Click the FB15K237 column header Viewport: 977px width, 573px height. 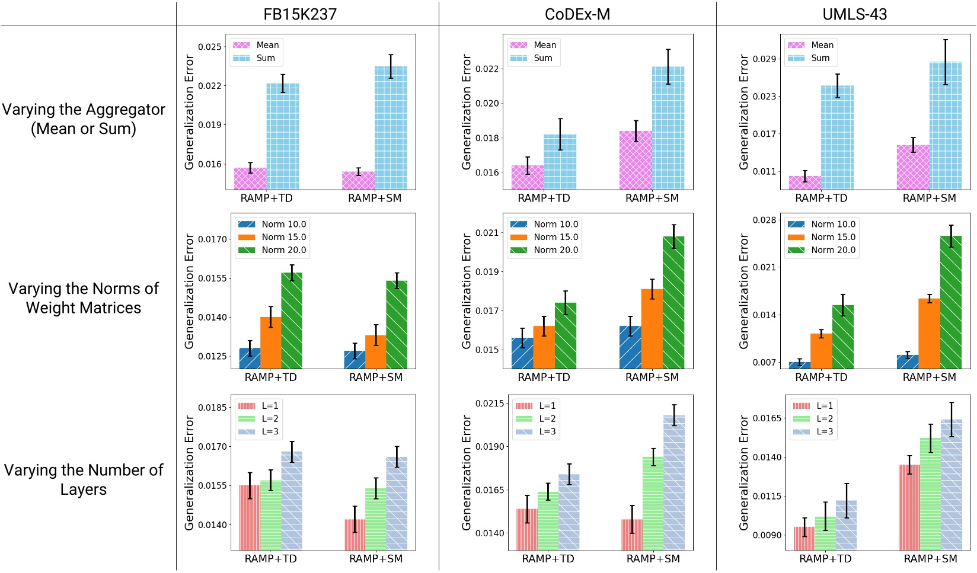pos(300,14)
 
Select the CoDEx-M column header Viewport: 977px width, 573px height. pos(577,14)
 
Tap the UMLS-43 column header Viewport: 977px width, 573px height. pos(854,14)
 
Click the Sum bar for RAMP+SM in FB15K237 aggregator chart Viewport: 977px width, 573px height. pos(391,128)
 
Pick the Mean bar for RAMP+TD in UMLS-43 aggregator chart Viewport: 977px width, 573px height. pos(804,183)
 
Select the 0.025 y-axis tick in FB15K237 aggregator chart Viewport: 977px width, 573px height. pos(210,47)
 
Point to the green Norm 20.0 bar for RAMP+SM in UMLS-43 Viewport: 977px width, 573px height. pos(951,302)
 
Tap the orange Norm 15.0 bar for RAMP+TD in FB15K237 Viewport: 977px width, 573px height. pos(271,342)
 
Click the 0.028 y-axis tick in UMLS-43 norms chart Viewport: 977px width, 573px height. pos(764,220)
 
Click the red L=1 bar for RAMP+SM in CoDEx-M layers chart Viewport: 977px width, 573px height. pos(632,534)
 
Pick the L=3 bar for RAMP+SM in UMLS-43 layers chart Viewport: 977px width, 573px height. pos(951,485)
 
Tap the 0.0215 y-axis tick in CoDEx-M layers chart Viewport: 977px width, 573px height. pos(490,404)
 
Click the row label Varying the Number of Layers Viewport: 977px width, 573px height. pos(84,479)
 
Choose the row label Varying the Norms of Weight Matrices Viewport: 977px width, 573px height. pos(84,298)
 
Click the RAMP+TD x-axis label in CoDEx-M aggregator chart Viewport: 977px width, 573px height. pos(544,198)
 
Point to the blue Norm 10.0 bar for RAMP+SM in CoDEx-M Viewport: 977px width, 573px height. pos(630,347)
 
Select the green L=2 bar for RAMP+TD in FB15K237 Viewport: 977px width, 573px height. pos(271,514)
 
